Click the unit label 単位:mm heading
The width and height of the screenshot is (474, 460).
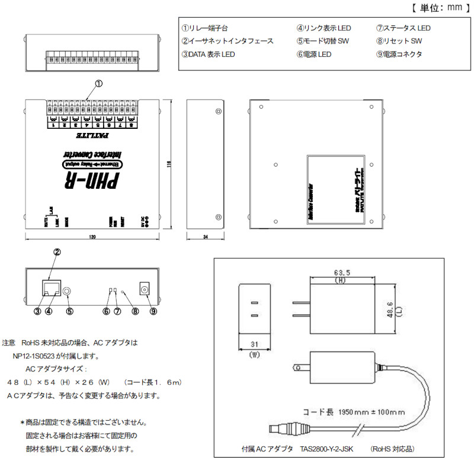click(437, 8)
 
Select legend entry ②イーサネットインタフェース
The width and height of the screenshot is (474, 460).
click(228, 41)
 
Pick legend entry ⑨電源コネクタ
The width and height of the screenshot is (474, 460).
click(399, 54)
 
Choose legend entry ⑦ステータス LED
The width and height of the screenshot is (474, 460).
click(403, 28)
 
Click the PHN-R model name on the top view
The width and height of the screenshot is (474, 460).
click(92, 178)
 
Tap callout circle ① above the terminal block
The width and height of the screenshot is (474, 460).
click(99, 84)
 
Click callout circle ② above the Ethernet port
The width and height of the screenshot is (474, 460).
click(57, 252)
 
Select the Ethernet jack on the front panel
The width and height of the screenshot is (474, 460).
click(50, 288)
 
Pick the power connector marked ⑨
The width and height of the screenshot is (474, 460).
click(143, 289)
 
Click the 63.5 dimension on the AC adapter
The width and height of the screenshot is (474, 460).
click(340, 272)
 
